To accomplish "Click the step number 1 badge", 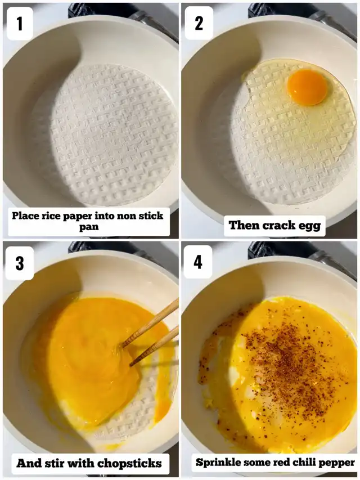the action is pyautogui.click(x=20, y=24).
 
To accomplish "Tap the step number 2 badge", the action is pyautogui.click(x=199, y=23).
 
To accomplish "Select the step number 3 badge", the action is pyautogui.click(x=20, y=263).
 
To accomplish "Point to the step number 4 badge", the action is pyautogui.click(x=198, y=262).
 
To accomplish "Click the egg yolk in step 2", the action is pyautogui.click(x=307, y=87).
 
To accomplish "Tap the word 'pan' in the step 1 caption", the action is pyautogui.click(x=89, y=227).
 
